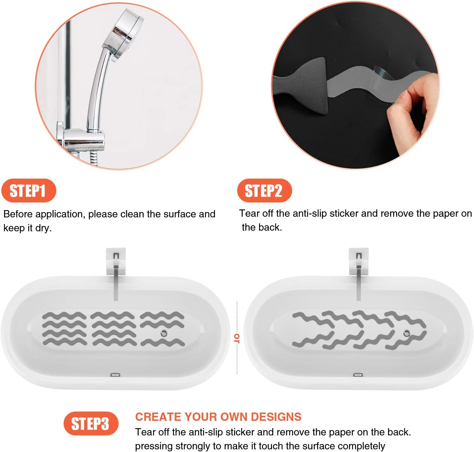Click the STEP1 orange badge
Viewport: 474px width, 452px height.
[28, 191]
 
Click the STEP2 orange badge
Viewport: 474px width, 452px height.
[264, 191]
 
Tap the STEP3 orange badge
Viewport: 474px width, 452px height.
[91, 424]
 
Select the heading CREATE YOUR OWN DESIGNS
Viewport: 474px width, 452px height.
[218, 417]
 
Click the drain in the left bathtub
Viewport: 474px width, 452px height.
[164, 333]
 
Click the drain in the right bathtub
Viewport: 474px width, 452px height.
[407, 333]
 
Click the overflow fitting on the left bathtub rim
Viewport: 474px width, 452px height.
[115, 375]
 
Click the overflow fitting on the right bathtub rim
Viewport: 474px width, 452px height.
[358, 375]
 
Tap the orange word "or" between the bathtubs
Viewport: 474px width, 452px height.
[237, 338]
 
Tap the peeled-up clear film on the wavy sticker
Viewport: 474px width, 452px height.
[381, 74]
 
